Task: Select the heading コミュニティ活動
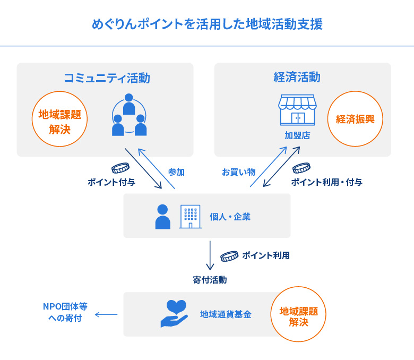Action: pos(106,79)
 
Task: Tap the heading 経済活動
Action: pos(297,78)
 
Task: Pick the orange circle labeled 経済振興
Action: pos(355,119)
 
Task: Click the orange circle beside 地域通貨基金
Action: pos(298,314)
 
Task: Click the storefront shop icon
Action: pos(297,110)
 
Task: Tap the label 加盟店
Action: pos(297,136)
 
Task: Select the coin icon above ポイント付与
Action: pos(120,168)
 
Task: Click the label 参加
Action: pos(176,172)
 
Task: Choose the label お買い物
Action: pos(238,172)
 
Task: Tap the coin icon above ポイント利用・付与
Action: pos(301,168)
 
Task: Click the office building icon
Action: pos(190,217)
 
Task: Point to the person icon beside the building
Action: pos(162,217)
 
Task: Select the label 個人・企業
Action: pos(230,217)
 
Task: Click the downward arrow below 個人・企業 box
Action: pos(210,255)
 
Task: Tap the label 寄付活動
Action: pos(210,280)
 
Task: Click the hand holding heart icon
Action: pos(174,314)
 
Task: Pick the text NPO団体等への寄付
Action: pos(65,313)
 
